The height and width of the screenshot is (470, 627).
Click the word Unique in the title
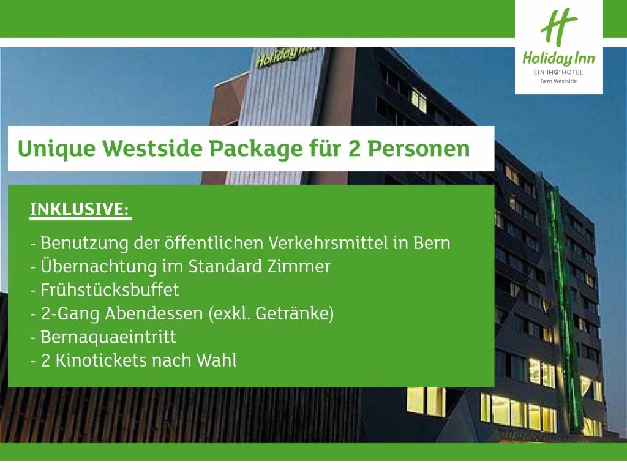click(56, 149)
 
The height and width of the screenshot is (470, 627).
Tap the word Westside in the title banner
click(152, 148)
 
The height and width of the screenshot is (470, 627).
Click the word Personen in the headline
click(419, 149)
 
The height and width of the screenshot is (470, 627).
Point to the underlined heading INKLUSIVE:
click(80, 209)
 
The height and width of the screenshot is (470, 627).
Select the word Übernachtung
click(99, 266)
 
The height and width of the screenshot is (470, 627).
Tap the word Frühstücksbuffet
click(110, 289)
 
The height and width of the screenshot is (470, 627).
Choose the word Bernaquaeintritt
click(108, 337)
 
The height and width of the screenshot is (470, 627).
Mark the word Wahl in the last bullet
click(216, 360)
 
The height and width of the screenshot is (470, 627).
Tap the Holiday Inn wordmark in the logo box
click(558, 58)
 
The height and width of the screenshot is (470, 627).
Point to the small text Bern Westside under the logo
click(558, 81)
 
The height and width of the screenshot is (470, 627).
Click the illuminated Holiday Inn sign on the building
click(287, 56)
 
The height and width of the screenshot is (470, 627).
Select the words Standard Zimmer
click(260, 266)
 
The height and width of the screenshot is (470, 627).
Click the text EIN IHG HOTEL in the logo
click(558, 72)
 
